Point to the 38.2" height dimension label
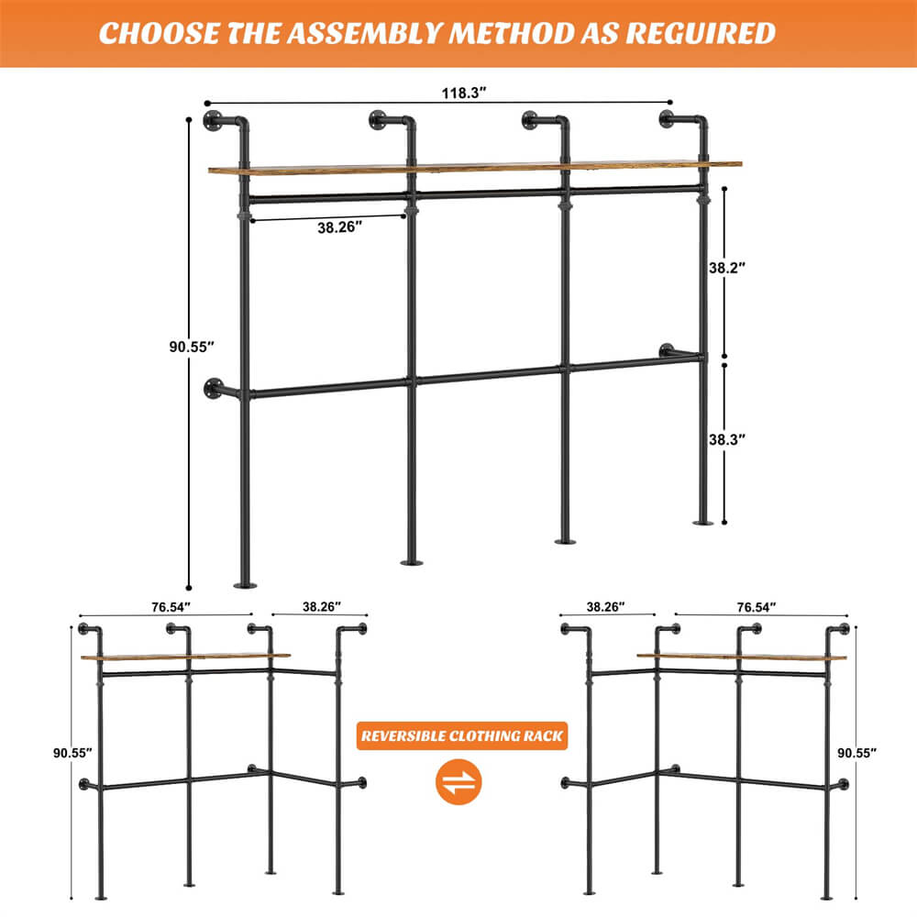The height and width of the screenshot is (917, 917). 727,268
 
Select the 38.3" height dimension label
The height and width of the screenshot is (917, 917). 727,440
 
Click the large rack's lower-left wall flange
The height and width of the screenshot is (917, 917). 214,389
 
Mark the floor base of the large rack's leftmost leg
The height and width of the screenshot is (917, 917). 245,584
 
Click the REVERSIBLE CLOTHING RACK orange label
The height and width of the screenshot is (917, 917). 462,735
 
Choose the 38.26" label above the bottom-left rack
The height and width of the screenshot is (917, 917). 320,606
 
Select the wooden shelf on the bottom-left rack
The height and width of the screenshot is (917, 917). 184,656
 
